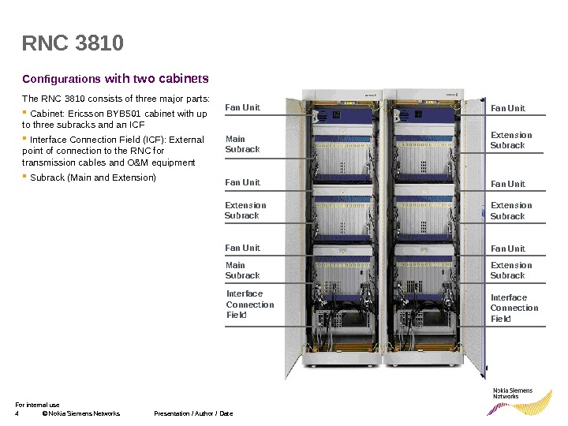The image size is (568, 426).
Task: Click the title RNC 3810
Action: click(x=73, y=43)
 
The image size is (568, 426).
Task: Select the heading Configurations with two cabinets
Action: click(x=115, y=79)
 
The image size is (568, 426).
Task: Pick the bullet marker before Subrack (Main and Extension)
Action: click(x=24, y=177)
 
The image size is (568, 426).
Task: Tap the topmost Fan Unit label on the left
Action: click(x=242, y=107)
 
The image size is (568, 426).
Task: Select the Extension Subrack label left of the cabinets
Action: click(x=245, y=211)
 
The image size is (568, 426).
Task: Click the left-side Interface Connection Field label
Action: click(x=250, y=305)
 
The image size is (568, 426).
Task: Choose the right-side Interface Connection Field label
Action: click(x=514, y=308)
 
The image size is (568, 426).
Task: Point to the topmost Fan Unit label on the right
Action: click(x=507, y=108)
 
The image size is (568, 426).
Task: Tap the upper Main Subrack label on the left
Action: click(x=241, y=144)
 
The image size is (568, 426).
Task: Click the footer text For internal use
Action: click(x=37, y=405)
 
